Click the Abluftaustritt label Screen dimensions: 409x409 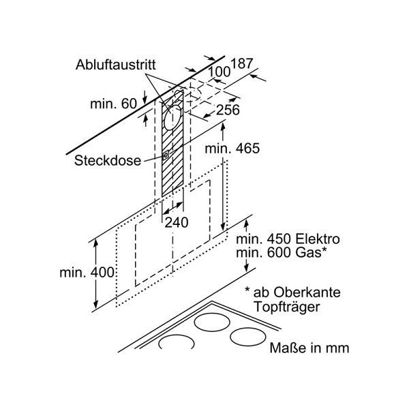116,65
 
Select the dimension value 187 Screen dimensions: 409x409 242,63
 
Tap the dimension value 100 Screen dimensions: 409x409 219,72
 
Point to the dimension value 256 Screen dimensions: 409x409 228,110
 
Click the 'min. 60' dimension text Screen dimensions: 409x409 113,104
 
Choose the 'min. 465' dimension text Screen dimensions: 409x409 232,149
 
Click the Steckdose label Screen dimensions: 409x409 108,160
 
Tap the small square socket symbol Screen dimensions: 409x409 166,155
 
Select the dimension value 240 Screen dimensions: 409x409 177,222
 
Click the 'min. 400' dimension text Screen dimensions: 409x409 87,273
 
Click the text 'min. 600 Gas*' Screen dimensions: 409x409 281,252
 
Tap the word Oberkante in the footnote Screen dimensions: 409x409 307,292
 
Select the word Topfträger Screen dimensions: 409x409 287,307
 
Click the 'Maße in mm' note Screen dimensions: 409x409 309,348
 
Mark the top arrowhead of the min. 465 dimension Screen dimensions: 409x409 223,125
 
